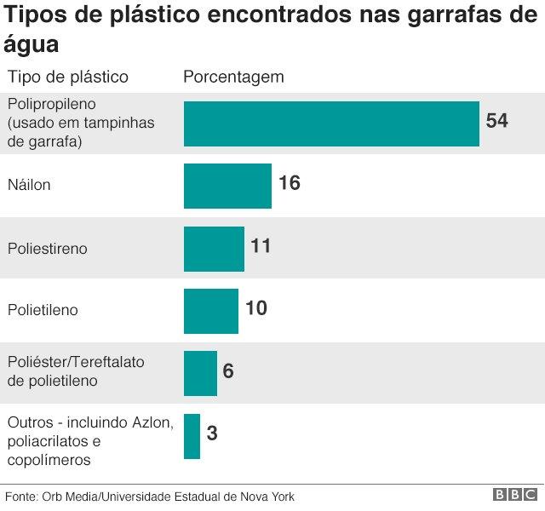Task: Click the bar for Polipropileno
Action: click(x=331, y=123)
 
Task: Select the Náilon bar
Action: click(x=227, y=186)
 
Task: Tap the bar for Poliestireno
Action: click(x=214, y=249)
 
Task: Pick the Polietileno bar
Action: click(x=211, y=311)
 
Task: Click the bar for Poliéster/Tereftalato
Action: click(x=200, y=373)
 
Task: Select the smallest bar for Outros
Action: click(x=192, y=436)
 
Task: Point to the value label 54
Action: click(x=496, y=121)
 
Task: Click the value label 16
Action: click(x=290, y=183)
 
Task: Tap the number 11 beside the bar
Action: click(x=261, y=246)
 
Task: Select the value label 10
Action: click(x=256, y=308)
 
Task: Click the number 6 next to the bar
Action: click(x=228, y=371)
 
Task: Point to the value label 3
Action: click(x=212, y=433)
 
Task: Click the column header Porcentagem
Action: click(x=233, y=77)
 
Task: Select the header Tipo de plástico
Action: click(x=67, y=77)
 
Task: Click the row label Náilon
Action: click(x=29, y=185)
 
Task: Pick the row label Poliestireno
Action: click(x=47, y=249)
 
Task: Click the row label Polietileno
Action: click(x=42, y=310)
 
